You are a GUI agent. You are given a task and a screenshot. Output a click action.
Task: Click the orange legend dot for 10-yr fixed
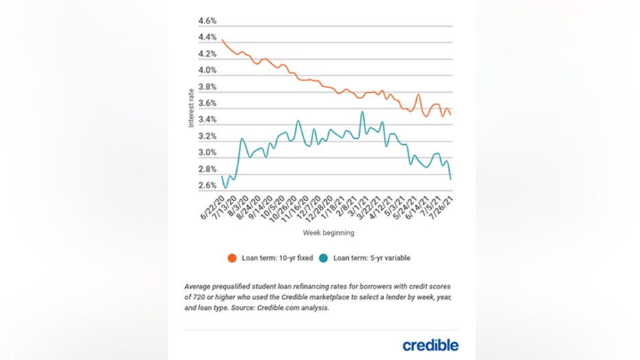click(233, 258)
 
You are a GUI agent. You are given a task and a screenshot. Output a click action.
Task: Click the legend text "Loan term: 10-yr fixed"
click(276, 258)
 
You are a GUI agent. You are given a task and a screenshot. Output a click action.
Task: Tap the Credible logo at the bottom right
click(431, 344)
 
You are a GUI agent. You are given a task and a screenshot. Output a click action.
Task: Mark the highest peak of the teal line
click(362, 111)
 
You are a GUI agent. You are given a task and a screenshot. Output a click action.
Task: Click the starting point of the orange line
click(223, 40)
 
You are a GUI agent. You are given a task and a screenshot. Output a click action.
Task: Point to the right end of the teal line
click(450, 179)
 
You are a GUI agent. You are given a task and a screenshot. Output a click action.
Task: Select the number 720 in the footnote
click(197, 296)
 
